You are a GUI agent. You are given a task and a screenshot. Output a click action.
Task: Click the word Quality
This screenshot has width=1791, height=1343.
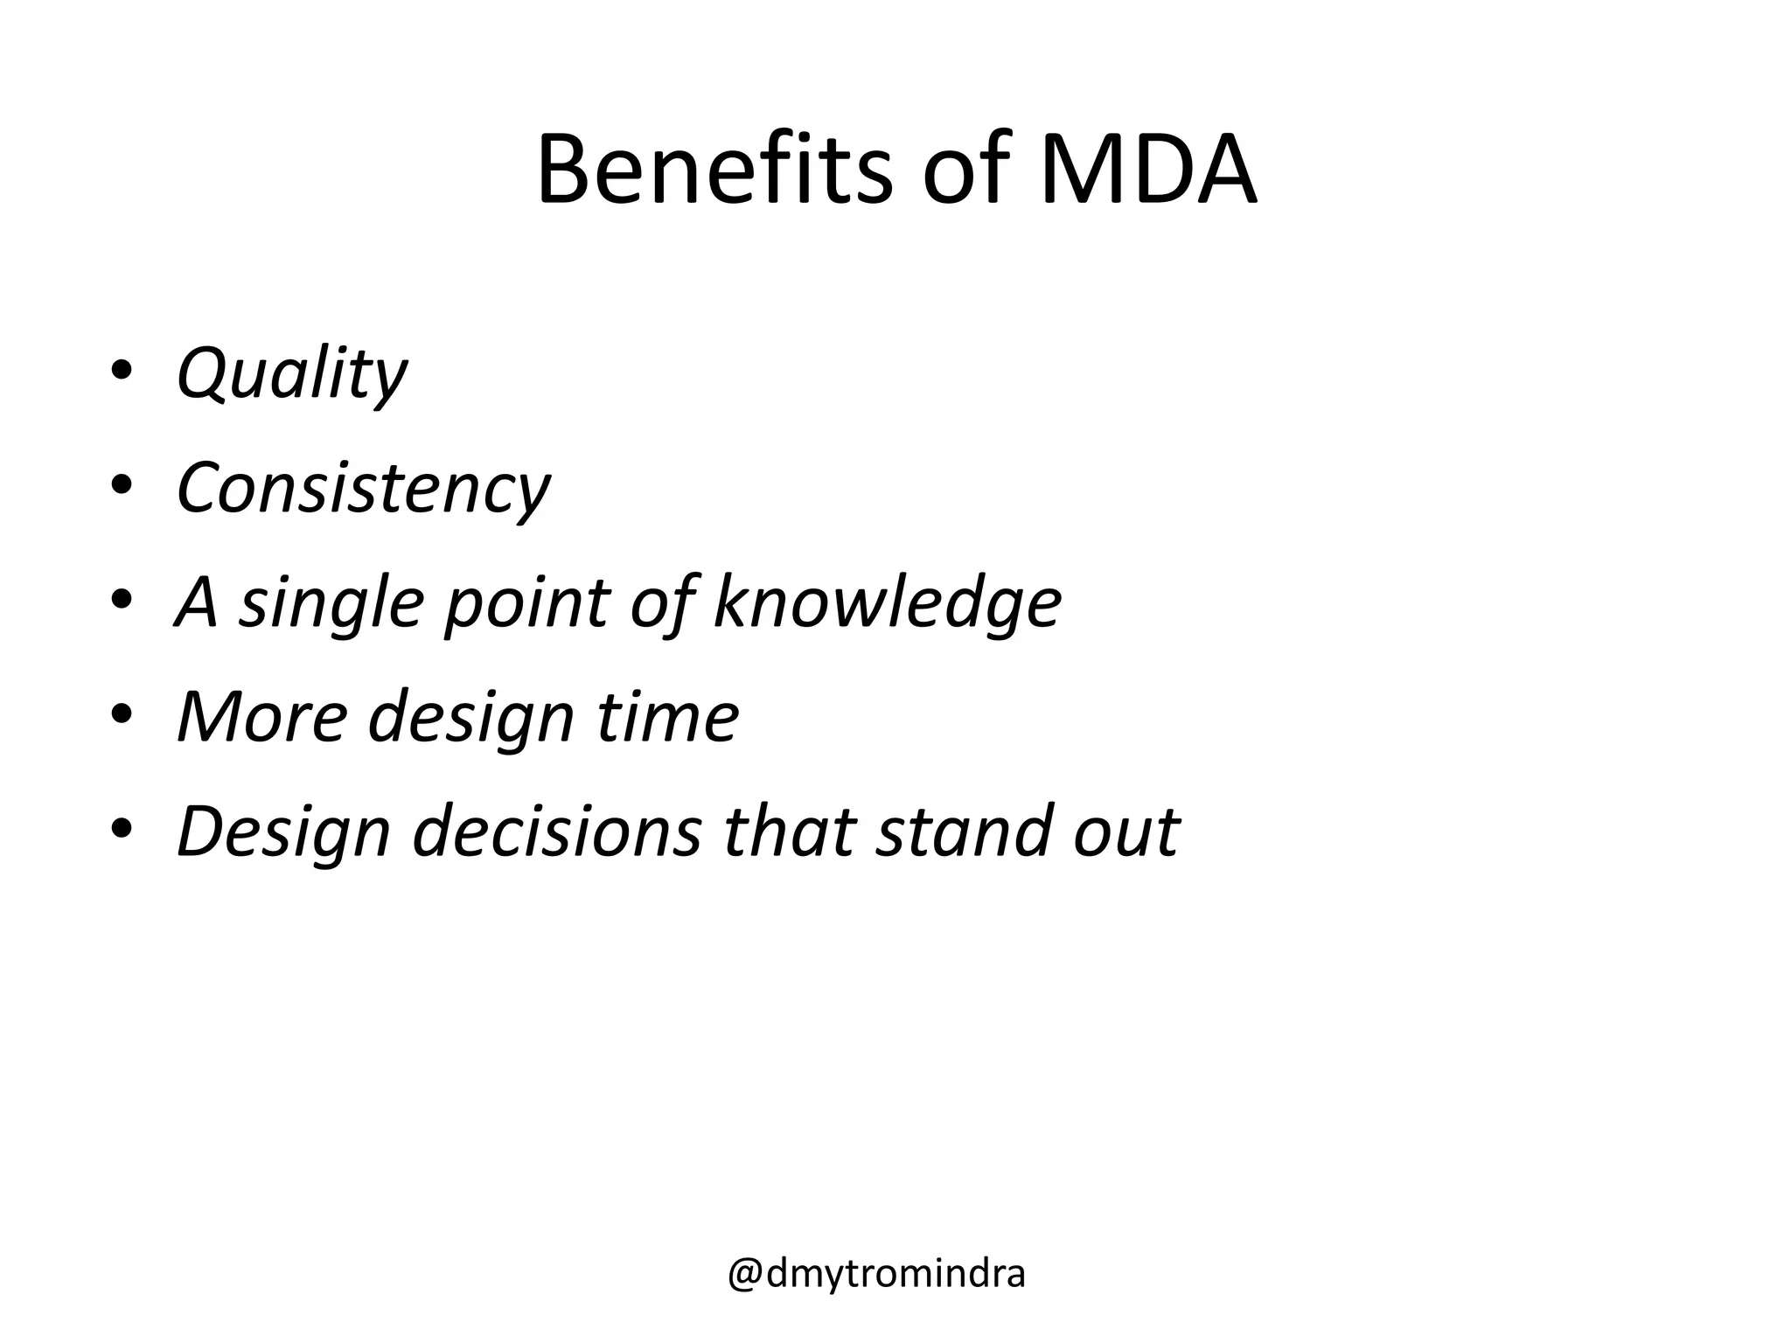tap(291, 374)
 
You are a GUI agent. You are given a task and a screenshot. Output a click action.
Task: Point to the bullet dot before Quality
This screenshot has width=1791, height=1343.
tap(122, 369)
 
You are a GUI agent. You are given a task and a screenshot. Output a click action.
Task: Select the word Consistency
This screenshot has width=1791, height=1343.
tap(363, 488)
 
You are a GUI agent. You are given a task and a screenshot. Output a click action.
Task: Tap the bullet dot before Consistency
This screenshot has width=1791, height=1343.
tap(122, 484)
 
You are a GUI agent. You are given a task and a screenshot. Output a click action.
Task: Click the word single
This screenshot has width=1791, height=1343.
tap(332, 603)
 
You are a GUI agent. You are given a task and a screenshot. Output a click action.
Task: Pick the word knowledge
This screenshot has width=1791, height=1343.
tap(887, 603)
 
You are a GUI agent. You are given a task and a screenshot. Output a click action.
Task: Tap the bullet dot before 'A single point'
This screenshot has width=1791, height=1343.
tap(122, 598)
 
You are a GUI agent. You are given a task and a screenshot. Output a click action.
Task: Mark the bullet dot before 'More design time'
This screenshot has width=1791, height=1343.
tap(122, 713)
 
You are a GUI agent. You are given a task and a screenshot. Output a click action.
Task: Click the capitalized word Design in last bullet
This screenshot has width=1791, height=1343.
tap(282, 832)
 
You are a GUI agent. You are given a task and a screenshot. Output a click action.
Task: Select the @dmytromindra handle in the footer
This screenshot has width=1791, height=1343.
tap(876, 1275)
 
